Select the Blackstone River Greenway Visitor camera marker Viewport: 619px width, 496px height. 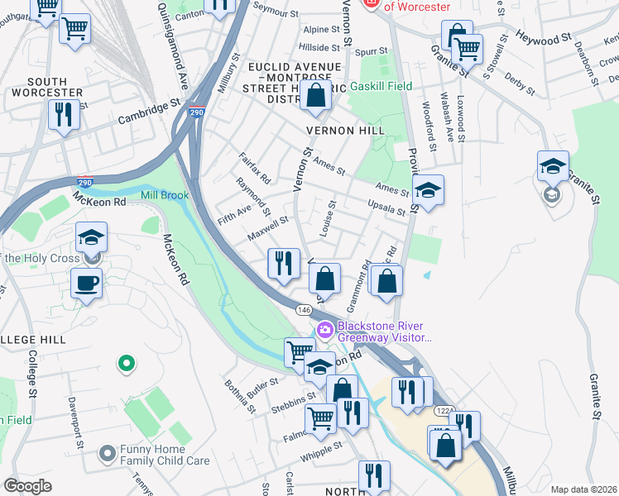(x=325, y=330)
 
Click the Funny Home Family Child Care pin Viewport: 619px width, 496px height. (x=107, y=453)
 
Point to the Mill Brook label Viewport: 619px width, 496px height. (x=165, y=196)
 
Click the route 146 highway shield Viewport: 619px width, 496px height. (x=303, y=309)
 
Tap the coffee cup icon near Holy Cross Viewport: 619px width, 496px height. (x=87, y=283)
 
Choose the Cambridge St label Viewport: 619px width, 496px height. (x=149, y=112)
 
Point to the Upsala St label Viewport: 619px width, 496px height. (x=386, y=207)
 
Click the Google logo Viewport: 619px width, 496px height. (x=28, y=486)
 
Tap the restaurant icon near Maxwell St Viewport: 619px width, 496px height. (x=283, y=264)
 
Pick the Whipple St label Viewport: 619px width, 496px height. (x=322, y=450)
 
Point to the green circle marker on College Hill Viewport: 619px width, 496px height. (x=126, y=362)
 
